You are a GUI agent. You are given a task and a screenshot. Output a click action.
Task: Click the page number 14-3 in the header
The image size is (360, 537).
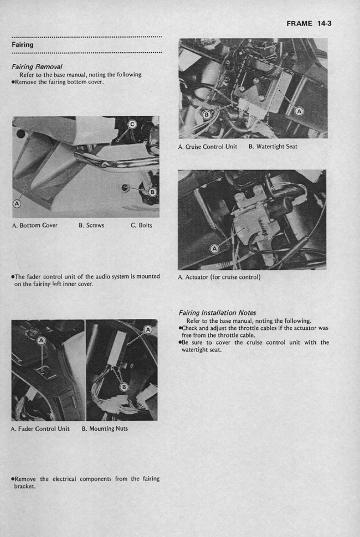(x=324, y=23)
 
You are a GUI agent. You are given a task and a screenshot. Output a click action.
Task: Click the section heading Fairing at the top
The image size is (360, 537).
(x=22, y=45)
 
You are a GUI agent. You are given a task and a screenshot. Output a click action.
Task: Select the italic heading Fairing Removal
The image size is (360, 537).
(x=37, y=67)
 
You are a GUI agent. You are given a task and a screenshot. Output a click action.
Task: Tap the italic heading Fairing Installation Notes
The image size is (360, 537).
(x=218, y=313)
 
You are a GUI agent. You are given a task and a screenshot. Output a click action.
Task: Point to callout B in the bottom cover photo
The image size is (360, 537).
(x=152, y=192)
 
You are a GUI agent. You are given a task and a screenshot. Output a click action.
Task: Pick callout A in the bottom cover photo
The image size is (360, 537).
(x=16, y=203)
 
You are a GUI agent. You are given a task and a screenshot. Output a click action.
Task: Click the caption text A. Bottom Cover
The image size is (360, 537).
(x=34, y=225)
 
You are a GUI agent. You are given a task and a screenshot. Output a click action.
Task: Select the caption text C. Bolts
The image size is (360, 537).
(x=141, y=225)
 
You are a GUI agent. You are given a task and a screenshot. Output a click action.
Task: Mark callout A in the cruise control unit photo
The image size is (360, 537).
(x=299, y=111)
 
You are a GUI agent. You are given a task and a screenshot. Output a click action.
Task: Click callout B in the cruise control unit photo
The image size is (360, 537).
(x=206, y=114)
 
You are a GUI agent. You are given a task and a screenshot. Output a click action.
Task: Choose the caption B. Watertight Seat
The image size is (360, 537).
(x=273, y=147)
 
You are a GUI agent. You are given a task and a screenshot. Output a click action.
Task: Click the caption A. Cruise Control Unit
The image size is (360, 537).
(x=207, y=147)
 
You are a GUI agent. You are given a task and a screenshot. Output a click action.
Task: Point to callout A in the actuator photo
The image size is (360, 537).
(x=214, y=250)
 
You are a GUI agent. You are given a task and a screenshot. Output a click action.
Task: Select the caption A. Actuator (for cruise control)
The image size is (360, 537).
(x=219, y=277)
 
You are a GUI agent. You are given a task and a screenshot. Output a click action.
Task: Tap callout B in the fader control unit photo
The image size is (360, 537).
(x=124, y=387)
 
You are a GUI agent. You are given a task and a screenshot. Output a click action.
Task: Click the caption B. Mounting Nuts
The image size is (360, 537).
(x=105, y=429)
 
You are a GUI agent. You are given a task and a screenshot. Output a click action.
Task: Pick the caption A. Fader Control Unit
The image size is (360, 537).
(x=40, y=429)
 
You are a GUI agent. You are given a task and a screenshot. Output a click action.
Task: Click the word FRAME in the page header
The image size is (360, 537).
(x=299, y=23)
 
